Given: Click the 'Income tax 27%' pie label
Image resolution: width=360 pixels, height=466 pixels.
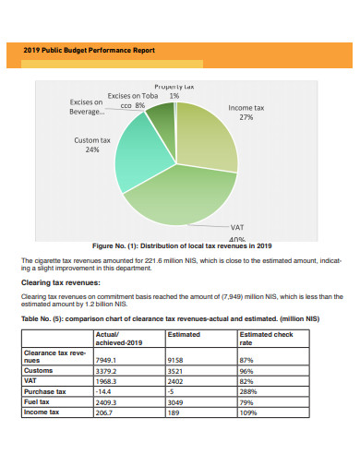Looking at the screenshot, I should coord(246,113).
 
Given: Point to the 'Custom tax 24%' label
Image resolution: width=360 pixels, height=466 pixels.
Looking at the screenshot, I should coord(92,145).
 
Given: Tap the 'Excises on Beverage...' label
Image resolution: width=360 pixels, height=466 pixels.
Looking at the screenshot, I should coord(87,107).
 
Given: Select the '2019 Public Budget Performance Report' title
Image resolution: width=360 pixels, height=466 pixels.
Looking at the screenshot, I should coord(89,50).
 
